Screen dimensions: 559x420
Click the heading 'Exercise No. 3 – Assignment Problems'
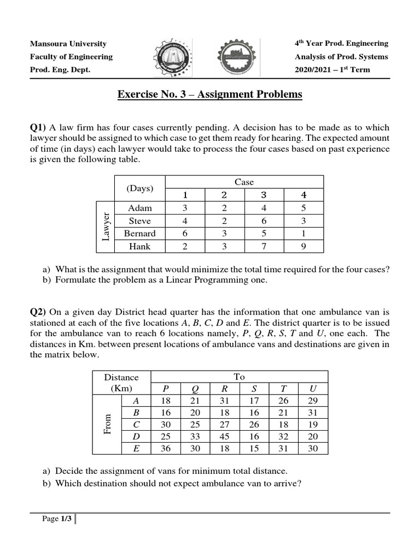(210, 94)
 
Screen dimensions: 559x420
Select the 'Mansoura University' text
(68, 44)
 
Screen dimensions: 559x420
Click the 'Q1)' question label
(38, 127)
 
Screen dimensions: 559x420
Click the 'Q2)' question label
(38, 312)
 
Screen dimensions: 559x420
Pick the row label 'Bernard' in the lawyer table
(139, 234)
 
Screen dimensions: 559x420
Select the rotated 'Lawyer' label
(106, 227)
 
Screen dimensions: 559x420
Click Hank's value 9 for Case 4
(304, 246)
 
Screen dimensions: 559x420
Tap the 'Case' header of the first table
(244, 182)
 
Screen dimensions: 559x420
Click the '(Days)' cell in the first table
(139, 188)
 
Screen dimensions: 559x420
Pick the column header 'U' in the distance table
(312, 389)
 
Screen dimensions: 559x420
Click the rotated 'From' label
(108, 424)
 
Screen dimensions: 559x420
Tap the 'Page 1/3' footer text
(57, 519)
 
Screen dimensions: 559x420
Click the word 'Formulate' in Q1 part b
(73, 281)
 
